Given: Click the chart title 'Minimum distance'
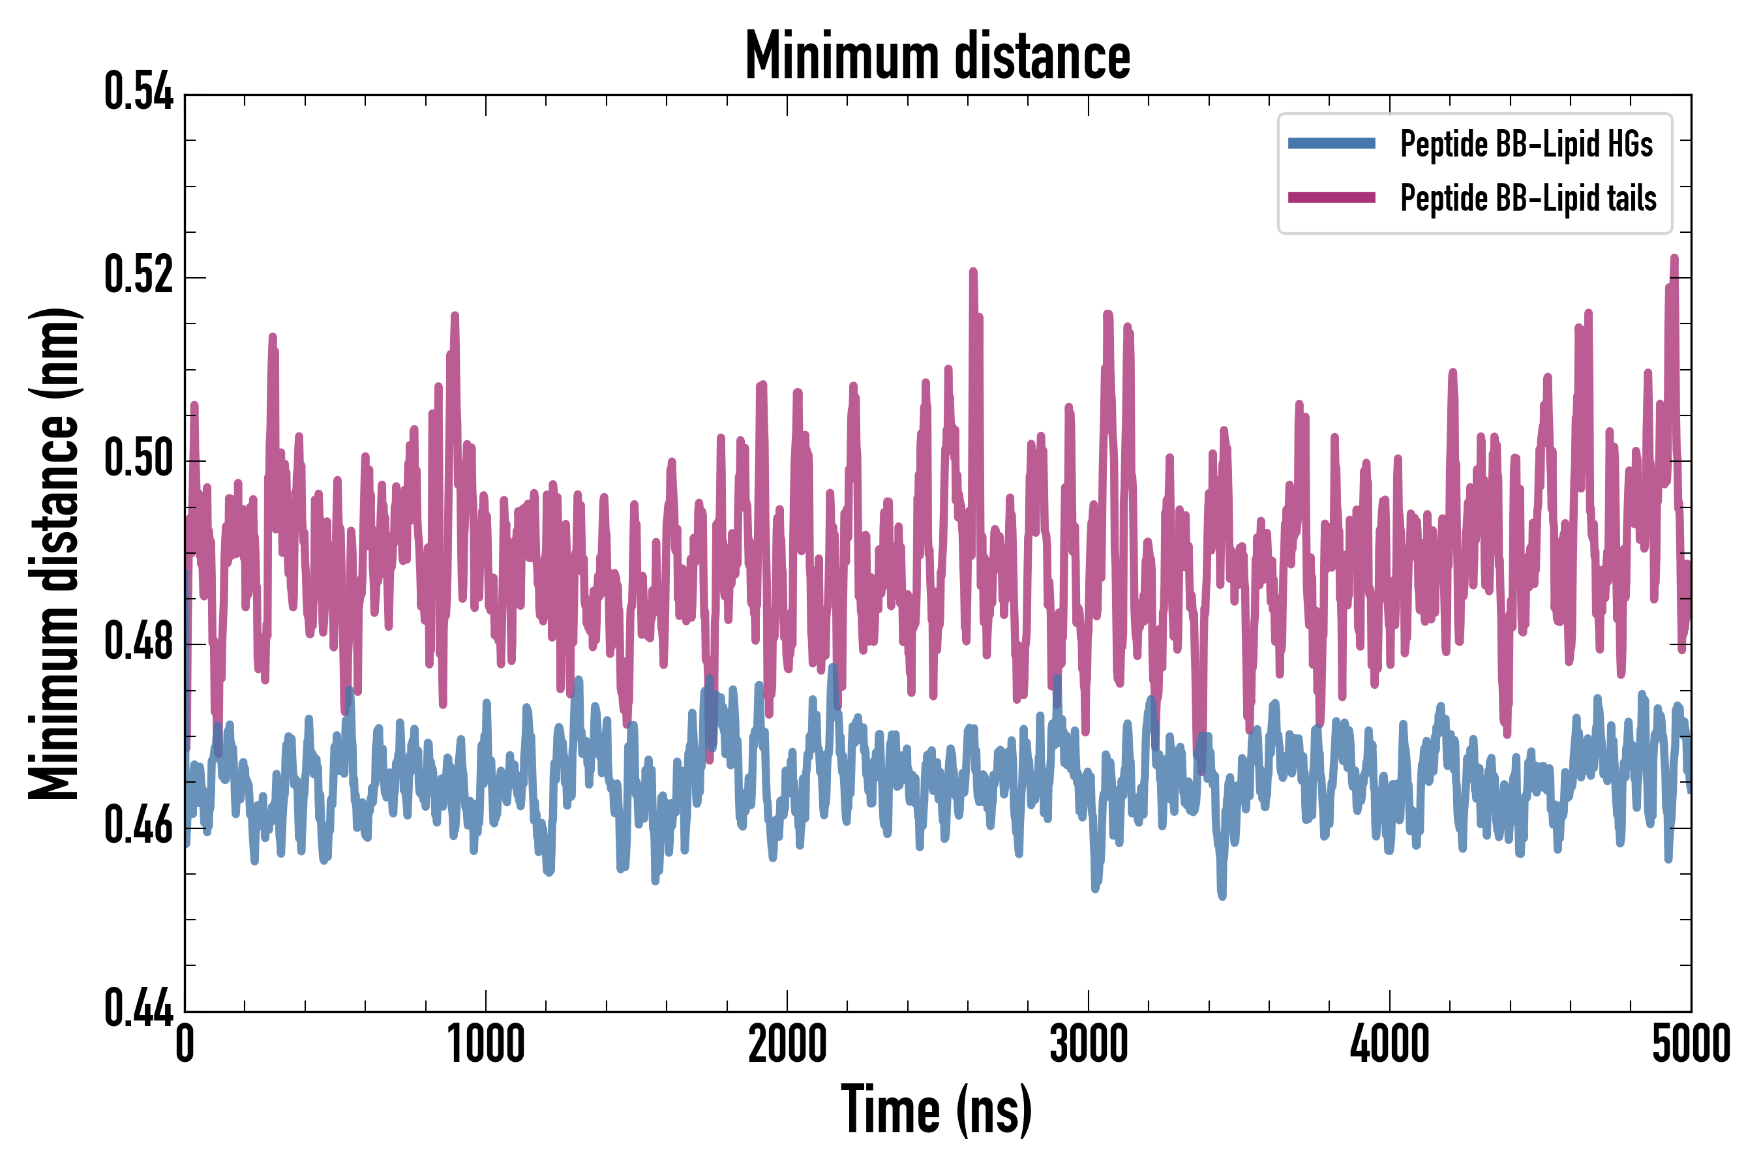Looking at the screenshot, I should pyautogui.click(x=937, y=57).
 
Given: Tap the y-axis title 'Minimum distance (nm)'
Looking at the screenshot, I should pyautogui.click(x=54, y=553).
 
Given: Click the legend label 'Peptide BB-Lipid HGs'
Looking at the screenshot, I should pyautogui.click(x=1526, y=143).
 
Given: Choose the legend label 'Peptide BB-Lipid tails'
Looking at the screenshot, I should pyautogui.click(x=1528, y=198).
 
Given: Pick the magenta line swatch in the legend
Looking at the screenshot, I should pyautogui.click(x=1331, y=198).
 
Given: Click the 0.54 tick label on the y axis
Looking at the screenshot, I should pyautogui.click(x=138, y=92).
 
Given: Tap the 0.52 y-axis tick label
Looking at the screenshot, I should pyautogui.click(x=138, y=275).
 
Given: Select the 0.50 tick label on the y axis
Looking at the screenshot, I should pyautogui.click(x=138, y=459).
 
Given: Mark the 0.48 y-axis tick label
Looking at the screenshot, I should pyautogui.click(x=138, y=642).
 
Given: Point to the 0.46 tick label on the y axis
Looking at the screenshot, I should pyautogui.click(x=138, y=826).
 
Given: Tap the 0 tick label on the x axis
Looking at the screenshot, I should pyautogui.click(x=185, y=1044).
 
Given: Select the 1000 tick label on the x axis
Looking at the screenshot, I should pyautogui.click(x=486, y=1044).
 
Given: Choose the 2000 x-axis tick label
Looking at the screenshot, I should pyautogui.click(x=787, y=1044).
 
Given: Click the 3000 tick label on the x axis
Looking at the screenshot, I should pyautogui.click(x=1088, y=1044).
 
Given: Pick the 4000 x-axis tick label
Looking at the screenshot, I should pyautogui.click(x=1390, y=1044).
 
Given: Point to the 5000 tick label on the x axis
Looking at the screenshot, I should pyautogui.click(x=1691, y=1044).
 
